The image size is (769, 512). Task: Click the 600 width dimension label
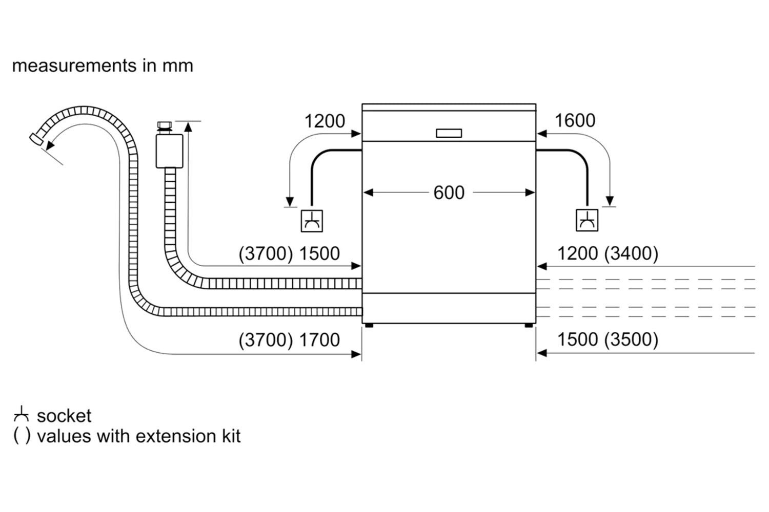pyautogui.click(x=449, y=193)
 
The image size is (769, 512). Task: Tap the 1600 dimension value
pyautogui.click(x=575, y=121)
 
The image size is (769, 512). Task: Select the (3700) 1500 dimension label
pyautogui.click(x=289, y=253)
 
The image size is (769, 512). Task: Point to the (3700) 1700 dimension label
pyautogui.click(x=289, y=340)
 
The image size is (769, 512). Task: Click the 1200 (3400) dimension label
pyautogui.click(x=608, y=253)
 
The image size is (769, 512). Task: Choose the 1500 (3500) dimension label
pyautogui.click(x=608, y=339)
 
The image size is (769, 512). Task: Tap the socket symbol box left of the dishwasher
pyautogui.click(x=312, y=221)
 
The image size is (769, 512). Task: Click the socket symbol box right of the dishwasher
pyautogui.click(x=587, y=220)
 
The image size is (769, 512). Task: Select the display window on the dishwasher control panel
pyautogui.click(x=449, y=133)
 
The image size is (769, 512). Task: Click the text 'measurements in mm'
pyautogui.click(x=103, y=66)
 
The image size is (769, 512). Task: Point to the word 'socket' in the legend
pyautogui.click(x=64, y=416)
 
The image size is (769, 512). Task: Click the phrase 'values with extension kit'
pyautogui.click(x=138, y=436)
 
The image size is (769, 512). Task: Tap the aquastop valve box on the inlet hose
pyautogui.click(x=169, y=151)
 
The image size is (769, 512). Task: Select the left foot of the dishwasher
pyautogui.click(x=369, y=325)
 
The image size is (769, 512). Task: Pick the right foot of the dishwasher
pyautogui.click(x=529, y=325)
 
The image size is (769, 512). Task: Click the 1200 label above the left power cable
pyautogui.click(x=325, y=121)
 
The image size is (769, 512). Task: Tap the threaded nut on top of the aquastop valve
pyautogui.click(x=165, y=126)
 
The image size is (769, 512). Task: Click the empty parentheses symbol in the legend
pyautogui.click(x=21, y=436)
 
